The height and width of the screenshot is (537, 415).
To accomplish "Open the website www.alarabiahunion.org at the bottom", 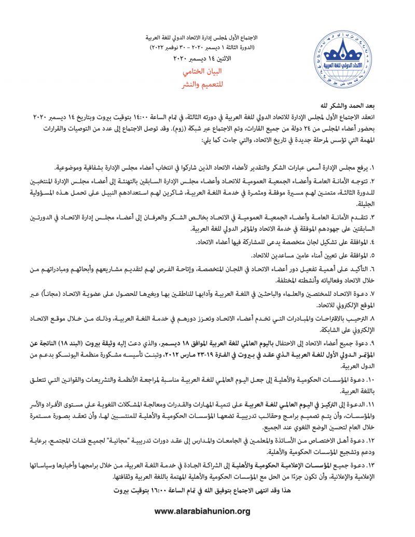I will [x=203, y=512].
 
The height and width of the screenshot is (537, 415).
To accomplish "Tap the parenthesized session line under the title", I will [x=205, y=48].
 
